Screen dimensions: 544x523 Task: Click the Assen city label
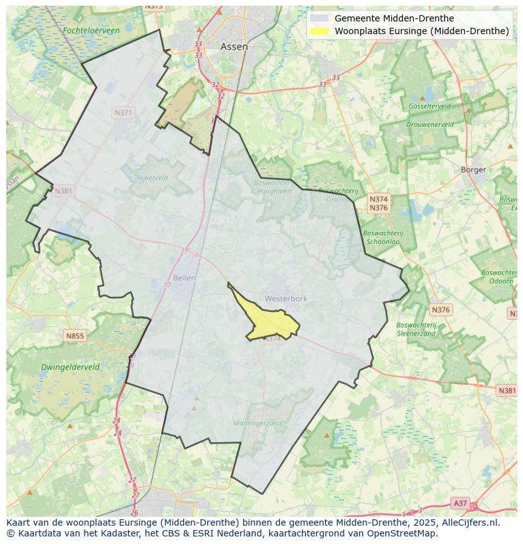click(x=234, y=47)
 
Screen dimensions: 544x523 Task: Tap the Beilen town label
click(x=184, y=277)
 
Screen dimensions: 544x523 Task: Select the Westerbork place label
click(x=286, y=298)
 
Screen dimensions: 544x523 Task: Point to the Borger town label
click(x=473, y=169)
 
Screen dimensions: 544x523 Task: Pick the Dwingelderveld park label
click(x=70, y=366)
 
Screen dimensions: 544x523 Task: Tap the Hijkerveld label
click(x=152, y=178)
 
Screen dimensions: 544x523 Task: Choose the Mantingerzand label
click(x=257, y=423)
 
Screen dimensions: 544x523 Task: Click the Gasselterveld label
click(x=430, y=106)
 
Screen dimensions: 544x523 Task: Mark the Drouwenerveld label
click(x=430, y=124)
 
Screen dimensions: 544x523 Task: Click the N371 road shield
click(x=123, y=112)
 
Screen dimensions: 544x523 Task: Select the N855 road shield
click(x=75, y=336)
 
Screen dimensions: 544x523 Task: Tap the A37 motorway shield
click(x=460, y=503)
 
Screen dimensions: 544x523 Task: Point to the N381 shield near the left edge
click(x=63, y=191)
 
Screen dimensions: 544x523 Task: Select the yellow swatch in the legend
click(x=320, y=31)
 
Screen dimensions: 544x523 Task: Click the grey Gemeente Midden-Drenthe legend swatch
click(x=320, y=18)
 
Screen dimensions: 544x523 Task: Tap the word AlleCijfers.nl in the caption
click(x=468, y=523)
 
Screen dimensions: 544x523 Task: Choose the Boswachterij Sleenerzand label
click(x=416, y=329)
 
